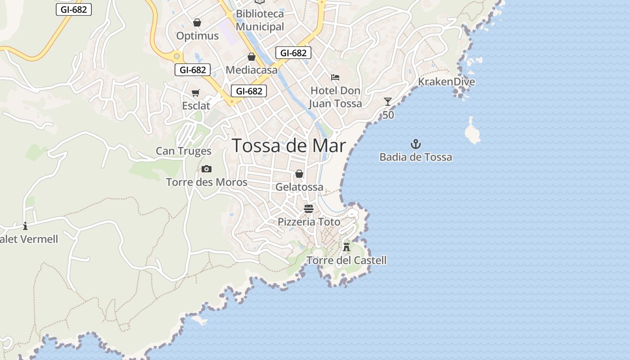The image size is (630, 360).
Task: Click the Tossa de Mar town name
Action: pyautogui.click(x=288, y=146)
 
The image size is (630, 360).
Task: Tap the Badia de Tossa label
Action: pyautogui.click(x=415, y=157)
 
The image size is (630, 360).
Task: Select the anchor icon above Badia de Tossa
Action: pyautogui.click(x=416, y=144)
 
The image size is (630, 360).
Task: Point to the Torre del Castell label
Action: pyautogui.click(x=346, y=260)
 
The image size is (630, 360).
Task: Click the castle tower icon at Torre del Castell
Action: pyautogui.click(x=346, y=247)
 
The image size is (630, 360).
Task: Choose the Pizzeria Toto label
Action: pyautogui.click(x=309, y=222)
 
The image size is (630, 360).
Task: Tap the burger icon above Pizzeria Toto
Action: pyautogui.click(x=309, y=209)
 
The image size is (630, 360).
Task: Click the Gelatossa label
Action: pyautogui.click(x=299, y=187)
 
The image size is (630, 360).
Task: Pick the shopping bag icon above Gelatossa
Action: pyautogui.click(x=299, y=174)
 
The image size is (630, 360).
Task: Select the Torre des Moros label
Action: pyautogui.click(x=207, y=182)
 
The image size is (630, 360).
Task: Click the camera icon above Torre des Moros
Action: pyautogui.click(x=207, y=169)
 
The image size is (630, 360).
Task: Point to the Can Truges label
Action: pyautogui.click(x=184, y=151)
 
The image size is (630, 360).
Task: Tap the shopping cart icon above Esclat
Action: pyautogui.click(x=196, y=93)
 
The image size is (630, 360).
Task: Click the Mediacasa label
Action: pyautogui.click(x=252, y=70)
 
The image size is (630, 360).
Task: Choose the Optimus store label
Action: pyautogui.click(x=197, y=36)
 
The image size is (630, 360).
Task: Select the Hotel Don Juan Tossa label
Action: pyautogui.click(x=335, y=97)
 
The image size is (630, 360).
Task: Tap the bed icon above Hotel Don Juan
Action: pyautogui.click(x=335, y=77)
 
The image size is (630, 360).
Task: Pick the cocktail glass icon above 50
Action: pyautogui.click(x=388, y=102)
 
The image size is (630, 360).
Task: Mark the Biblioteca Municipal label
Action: pyautogui.click(x=260, y=20)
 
